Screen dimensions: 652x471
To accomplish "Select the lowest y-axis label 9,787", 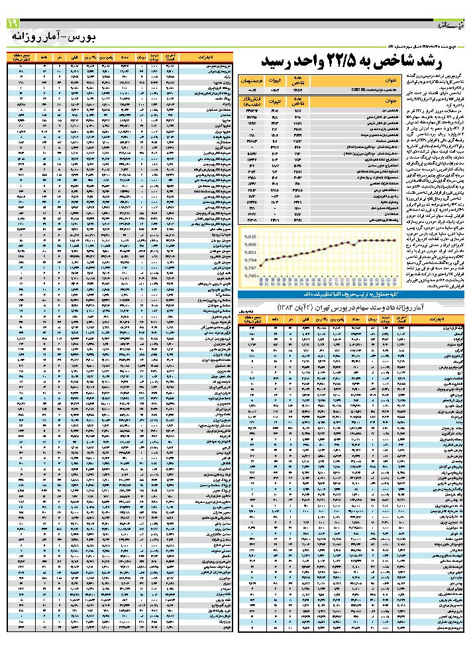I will [x=250, y=275].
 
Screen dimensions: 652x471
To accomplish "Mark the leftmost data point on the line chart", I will [x=261, y=266].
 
